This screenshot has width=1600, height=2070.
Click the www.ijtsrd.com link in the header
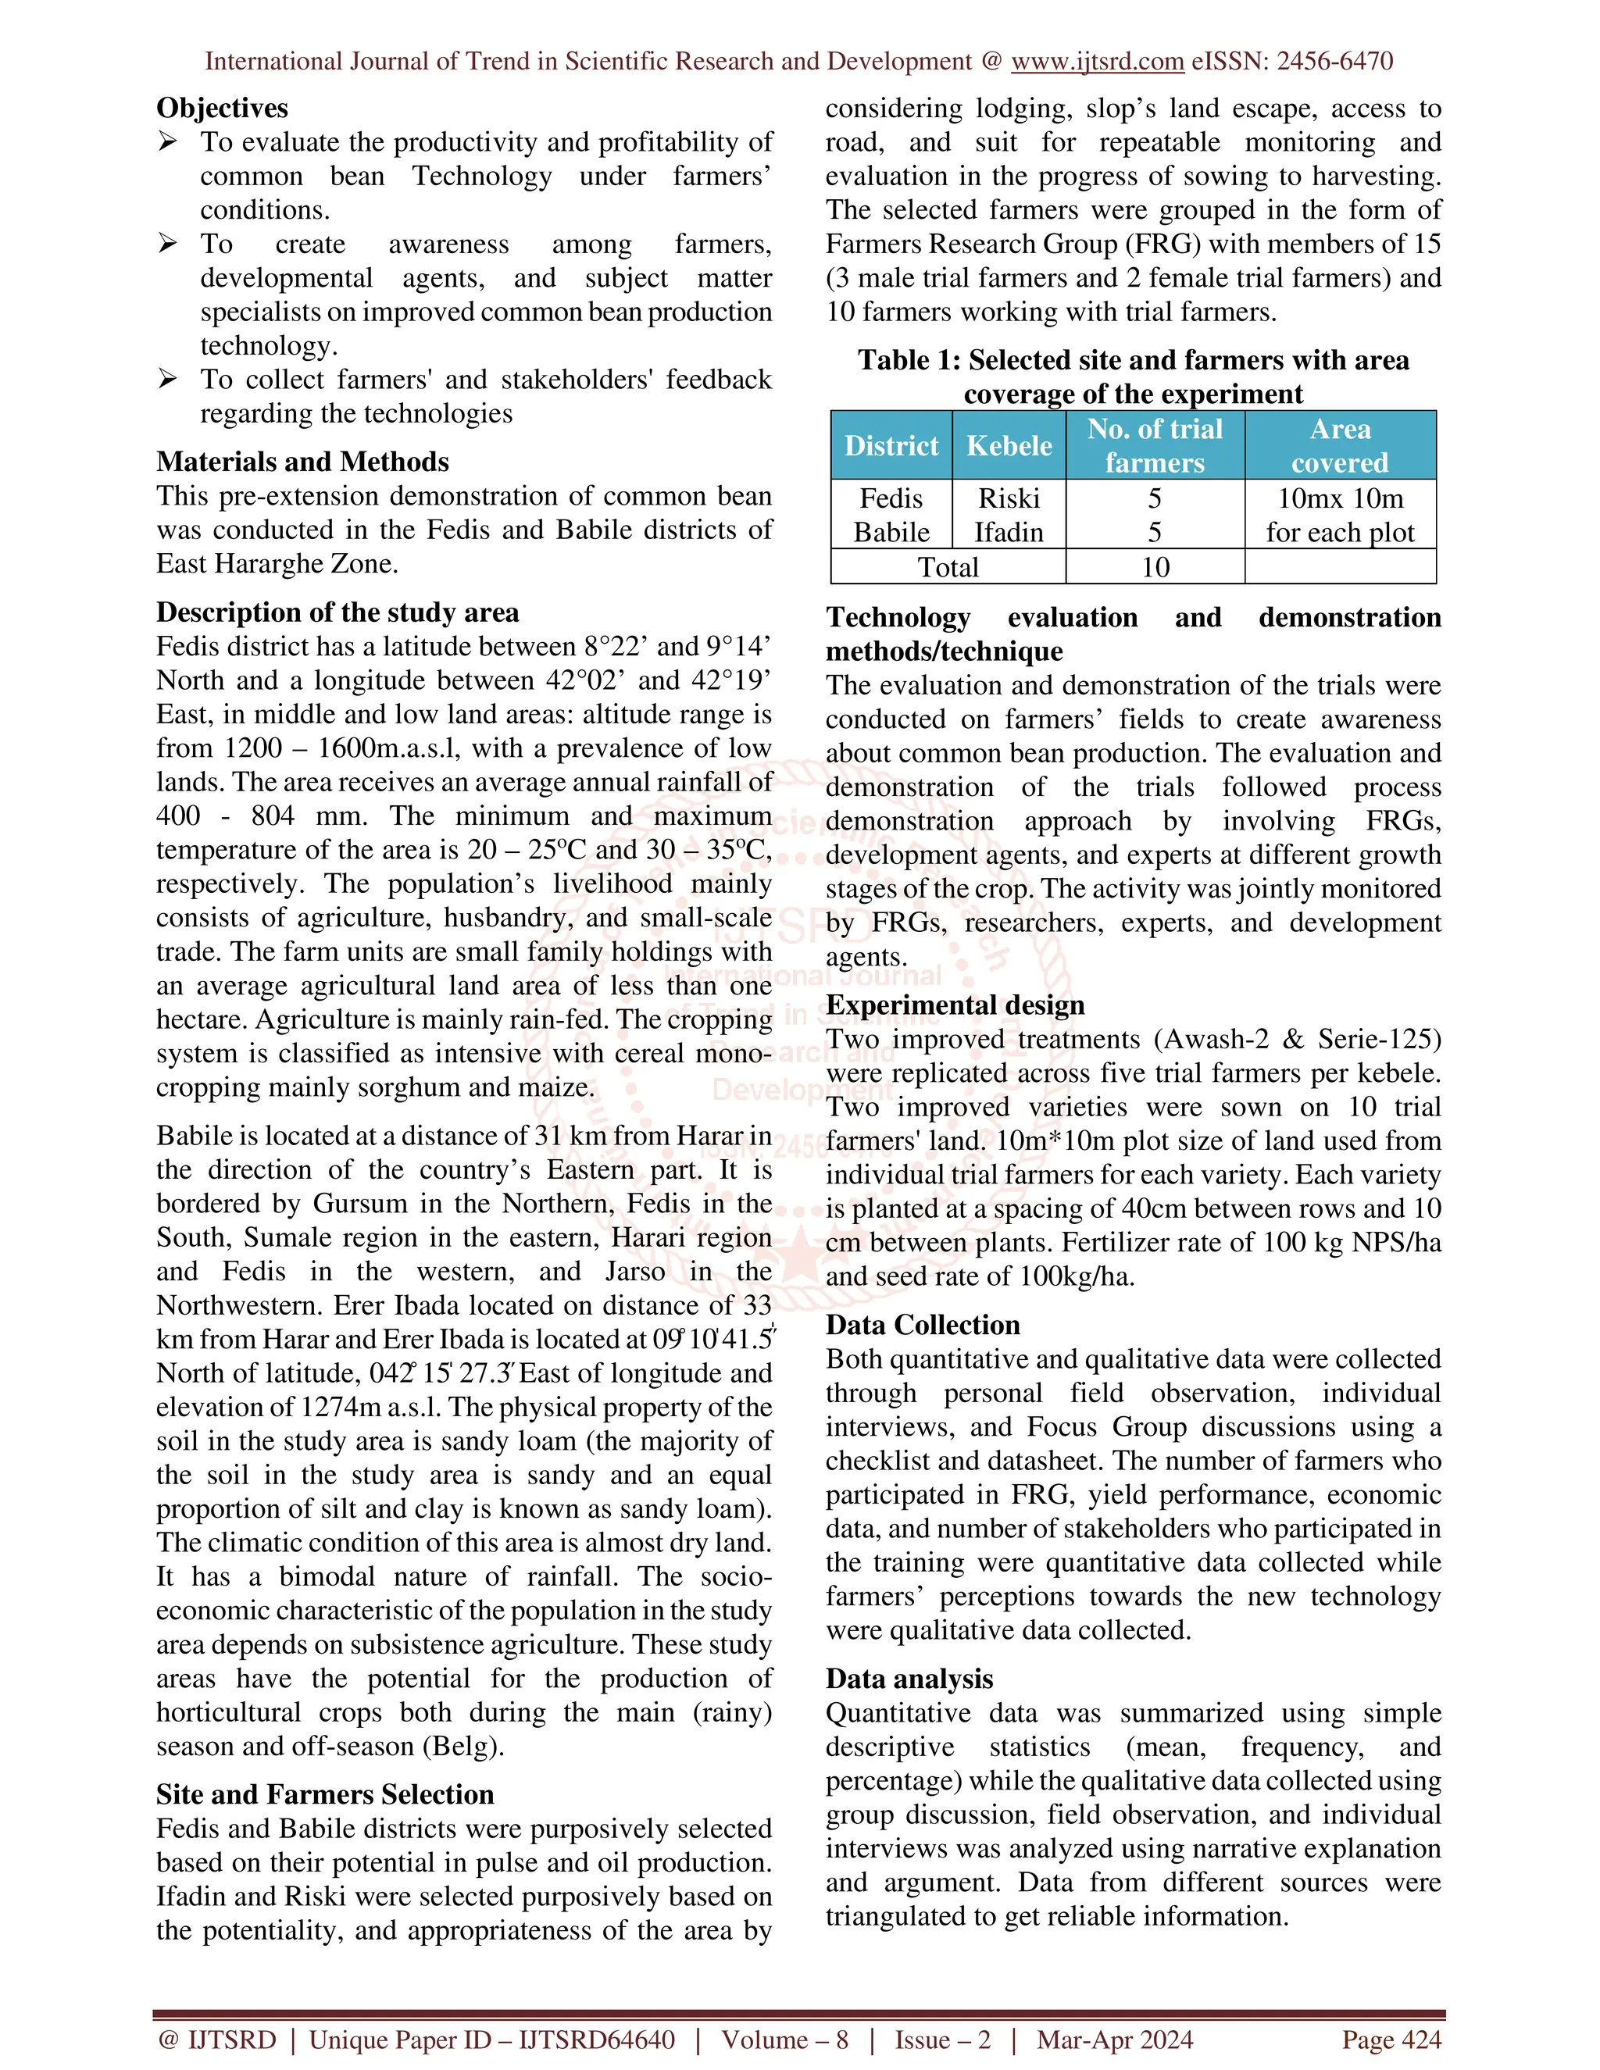pos(1097,62)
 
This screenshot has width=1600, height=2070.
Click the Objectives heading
pos(222,108)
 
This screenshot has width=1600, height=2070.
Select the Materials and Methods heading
pos(302,462)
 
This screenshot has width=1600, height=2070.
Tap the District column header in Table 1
pos(891,445)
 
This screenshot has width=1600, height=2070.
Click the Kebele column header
pos(1009,445)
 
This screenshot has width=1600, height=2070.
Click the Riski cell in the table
pos(1009,498)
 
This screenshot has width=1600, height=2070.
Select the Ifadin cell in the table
pos(1009,533)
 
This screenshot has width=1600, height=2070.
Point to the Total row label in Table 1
pos(948,567)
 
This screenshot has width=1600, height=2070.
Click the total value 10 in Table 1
pos(1155,567)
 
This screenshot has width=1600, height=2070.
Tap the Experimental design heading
pos(955,1005)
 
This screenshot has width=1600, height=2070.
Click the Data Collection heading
pos(923,1324)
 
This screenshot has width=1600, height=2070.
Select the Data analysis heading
pos(909,1679)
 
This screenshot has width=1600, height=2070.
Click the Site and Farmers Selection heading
pos(325,1794)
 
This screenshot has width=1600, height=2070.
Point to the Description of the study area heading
pos(337,612)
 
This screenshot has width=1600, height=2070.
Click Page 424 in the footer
pos(1391,2040)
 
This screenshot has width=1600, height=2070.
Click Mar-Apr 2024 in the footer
pos(1115,2040)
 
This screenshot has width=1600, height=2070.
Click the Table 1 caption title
pos(1133,377)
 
